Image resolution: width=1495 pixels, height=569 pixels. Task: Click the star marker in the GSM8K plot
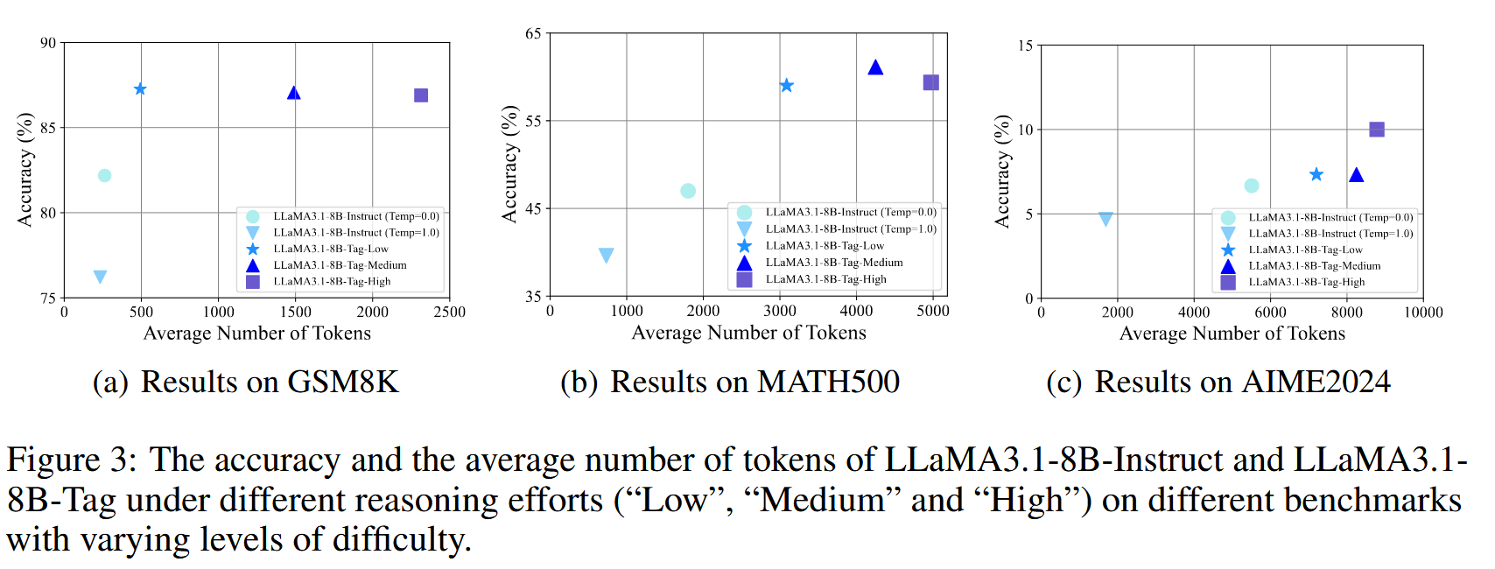click(140, 89)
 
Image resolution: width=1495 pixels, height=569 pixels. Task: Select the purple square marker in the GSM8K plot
click(421, 95)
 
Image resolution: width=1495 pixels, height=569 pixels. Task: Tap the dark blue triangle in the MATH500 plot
click(875, 67)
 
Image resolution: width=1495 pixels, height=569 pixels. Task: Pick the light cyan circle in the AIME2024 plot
click(1252, 186)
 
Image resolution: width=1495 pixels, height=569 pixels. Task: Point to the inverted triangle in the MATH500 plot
click(606, 256)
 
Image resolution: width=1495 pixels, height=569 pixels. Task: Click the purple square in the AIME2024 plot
click(1377, 130)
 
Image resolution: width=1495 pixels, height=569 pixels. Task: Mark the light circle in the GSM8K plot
click(104, 176)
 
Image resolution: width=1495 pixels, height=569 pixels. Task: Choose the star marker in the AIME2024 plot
click(1316, 175)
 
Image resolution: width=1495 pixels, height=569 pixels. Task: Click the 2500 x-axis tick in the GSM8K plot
click(449, 313)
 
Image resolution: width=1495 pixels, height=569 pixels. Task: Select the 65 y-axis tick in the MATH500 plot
click(533, 33)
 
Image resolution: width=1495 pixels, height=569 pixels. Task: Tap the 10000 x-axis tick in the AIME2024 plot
click(1423, 313)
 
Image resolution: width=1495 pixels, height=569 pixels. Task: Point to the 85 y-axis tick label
click(47, 128)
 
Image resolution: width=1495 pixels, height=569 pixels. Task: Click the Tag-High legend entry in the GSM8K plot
click(332, 282)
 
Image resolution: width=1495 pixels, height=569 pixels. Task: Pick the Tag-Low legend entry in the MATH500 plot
click(825, 246)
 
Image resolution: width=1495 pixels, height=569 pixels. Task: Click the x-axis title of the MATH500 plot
click(748, 334)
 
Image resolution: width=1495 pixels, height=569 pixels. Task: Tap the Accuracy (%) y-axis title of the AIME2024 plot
click(1002, 172)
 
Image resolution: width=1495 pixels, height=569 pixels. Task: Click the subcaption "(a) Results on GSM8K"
click(246, 383)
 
